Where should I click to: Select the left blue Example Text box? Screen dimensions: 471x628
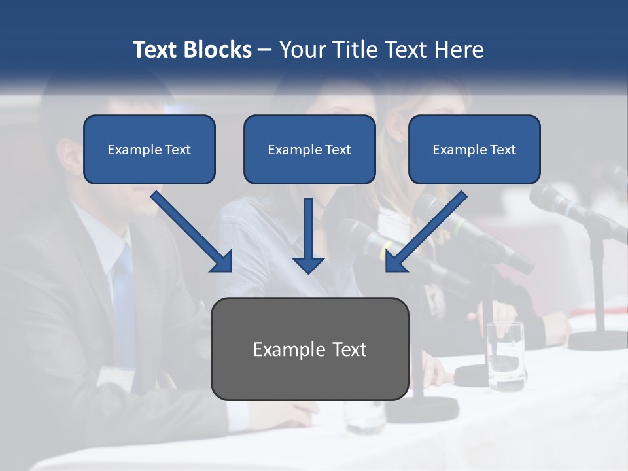click(x=149, y=149)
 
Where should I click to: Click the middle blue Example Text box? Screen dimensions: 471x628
click(x=309, y=149)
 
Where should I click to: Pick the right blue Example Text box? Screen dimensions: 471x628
click(x=474, y=149)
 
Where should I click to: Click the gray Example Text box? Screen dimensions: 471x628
click(x=310, y=349)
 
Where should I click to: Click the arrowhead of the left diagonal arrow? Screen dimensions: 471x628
click(x=222, y=261)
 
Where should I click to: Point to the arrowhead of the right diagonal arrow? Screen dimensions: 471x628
click(x=396, y=261)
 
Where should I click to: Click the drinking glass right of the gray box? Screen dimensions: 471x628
click(x=505, y=356)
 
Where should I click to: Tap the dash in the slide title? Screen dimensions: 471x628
click(x=265, y=50)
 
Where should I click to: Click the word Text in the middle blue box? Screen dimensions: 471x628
click(x=336, y=150)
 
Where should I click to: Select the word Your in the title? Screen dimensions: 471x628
click(x=302, y=50)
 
